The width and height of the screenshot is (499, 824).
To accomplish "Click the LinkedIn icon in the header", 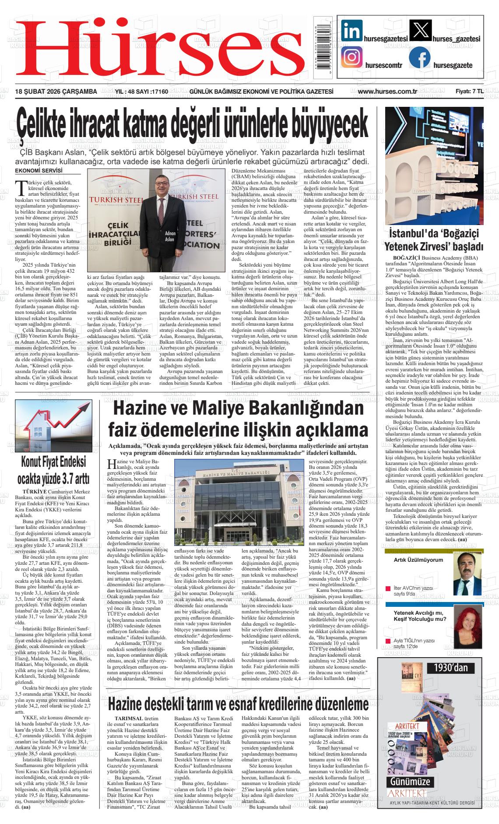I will pyautogui.click(x=351, y=32).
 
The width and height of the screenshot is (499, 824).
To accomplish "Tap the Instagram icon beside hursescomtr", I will pyautogui.click(x=351, y=58).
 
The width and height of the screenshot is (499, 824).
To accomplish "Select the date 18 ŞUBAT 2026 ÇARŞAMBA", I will pyautogui.click(x=56, y=92).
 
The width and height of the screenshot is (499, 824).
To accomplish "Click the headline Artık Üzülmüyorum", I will pyautogui.click(x=418, y=560).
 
